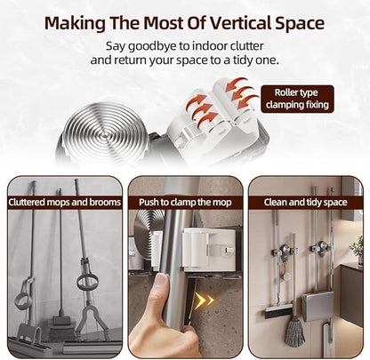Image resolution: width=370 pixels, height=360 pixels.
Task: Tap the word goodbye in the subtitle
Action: [x=153, y=46]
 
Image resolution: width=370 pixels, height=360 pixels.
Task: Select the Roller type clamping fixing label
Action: [x=297, y=99]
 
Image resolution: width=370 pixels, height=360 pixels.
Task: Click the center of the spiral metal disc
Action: [x=105, y=135]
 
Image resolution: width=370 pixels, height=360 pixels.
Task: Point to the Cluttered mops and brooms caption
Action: [x=65, y=203]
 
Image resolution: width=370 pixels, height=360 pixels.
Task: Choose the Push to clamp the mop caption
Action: [x=185, y=203]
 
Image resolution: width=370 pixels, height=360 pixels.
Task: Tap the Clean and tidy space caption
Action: [x=305, y=203]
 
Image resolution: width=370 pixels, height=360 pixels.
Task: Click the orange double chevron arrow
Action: [x=204, y=300]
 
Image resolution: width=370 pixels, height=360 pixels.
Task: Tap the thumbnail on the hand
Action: [x=161, y=281]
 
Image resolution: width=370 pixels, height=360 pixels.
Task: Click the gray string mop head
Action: [x=294, y=331]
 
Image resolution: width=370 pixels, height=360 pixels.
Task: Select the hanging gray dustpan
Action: [x=318, y=306]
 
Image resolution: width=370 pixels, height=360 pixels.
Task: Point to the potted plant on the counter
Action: [x=358, y=249]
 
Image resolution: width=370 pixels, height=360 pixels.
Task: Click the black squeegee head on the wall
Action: [x=278, y=312]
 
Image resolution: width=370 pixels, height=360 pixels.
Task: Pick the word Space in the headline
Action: [x=300, y=23]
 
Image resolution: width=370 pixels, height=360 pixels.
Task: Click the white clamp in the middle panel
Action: [x=210, y=250]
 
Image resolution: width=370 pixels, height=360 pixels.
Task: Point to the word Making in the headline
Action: [x=75, y=23]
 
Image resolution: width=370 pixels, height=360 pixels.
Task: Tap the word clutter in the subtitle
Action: [x=247, y=46]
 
